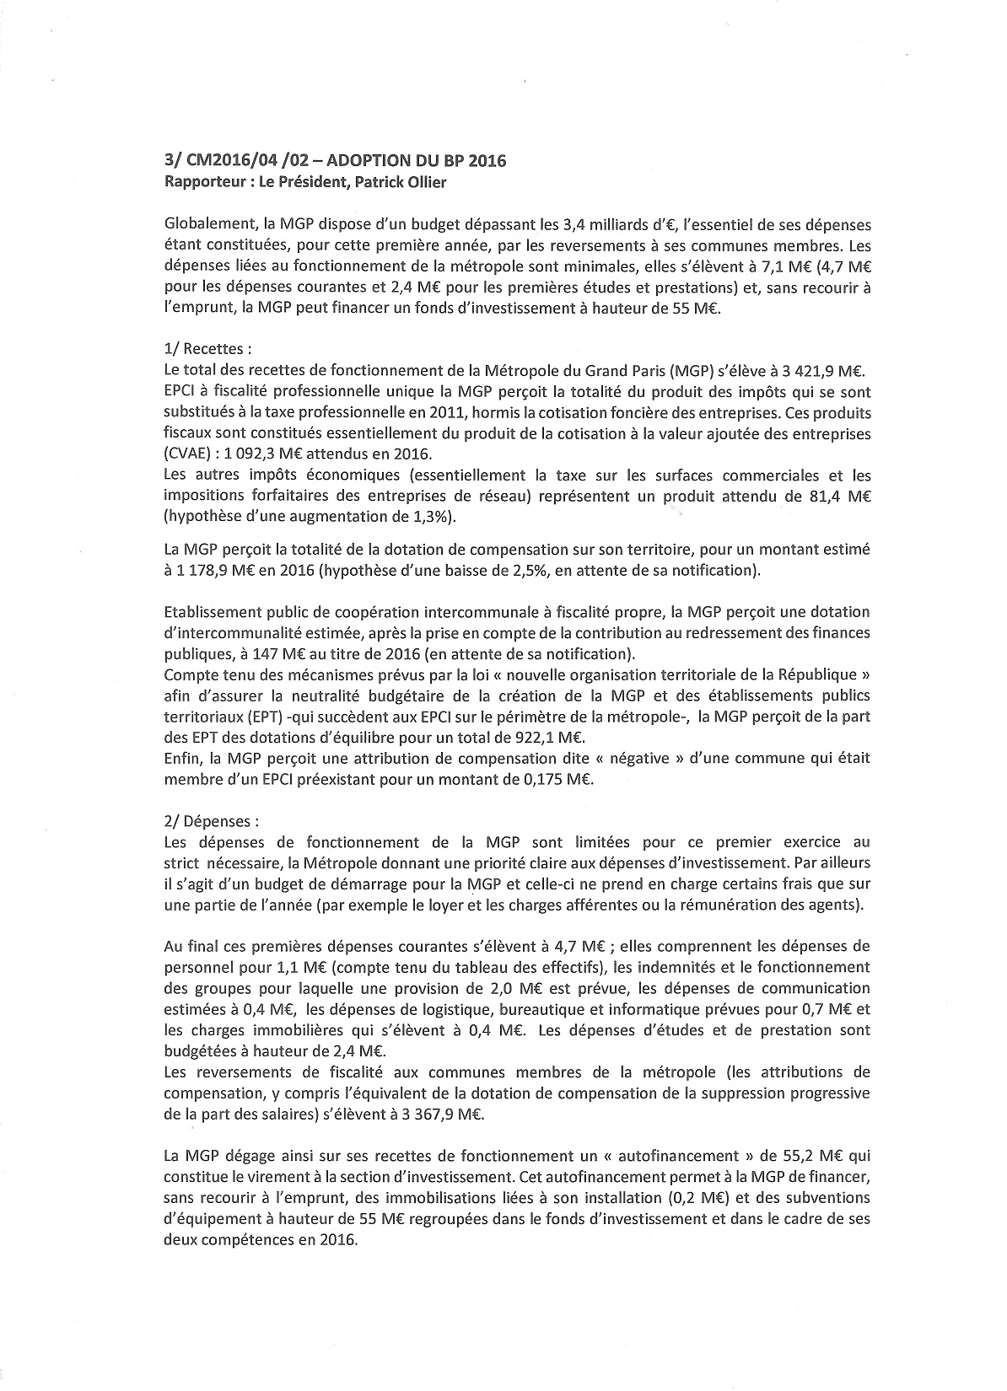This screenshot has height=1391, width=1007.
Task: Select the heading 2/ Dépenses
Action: click(212, 820)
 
